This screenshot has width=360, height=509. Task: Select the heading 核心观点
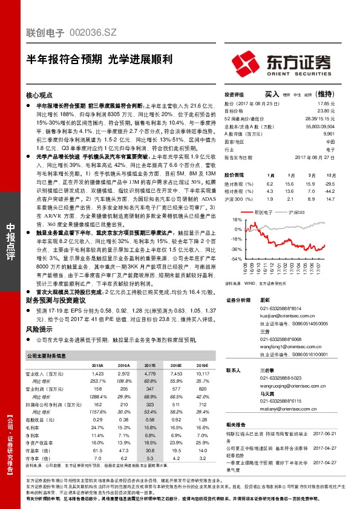40,96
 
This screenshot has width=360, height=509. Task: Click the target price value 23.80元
327,111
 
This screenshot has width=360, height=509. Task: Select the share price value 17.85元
327,104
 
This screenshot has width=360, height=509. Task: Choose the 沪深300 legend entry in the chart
295,213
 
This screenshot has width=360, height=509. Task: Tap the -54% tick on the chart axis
237,259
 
